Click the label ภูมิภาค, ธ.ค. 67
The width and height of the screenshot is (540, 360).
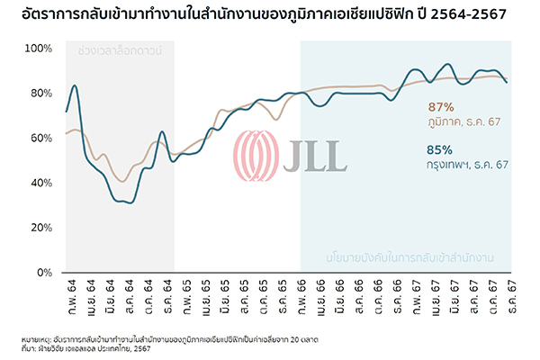(x=469, y=121)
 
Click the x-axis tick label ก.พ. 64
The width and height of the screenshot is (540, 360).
(x=67, y=293)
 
